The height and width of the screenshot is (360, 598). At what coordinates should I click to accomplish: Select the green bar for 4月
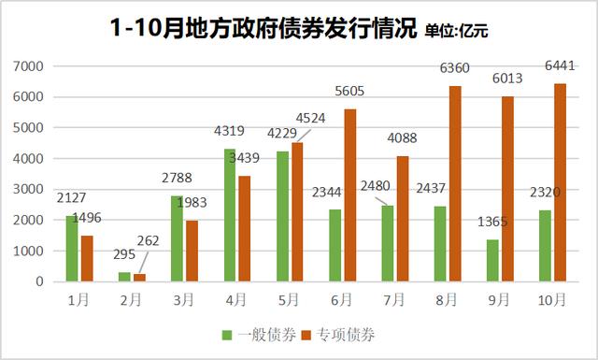coord(230,215)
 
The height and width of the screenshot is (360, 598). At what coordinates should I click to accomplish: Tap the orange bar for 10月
coord(561,182)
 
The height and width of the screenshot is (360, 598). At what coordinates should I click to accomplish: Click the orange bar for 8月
coord(455,183)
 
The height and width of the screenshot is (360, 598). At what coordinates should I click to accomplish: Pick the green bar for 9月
coord(493,260)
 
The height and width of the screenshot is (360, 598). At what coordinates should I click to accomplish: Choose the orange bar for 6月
coord(349,194)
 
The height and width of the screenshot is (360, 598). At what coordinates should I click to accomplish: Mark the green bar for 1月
coord(72,248)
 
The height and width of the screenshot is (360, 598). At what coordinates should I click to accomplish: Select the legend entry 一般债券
coord(255,334)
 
